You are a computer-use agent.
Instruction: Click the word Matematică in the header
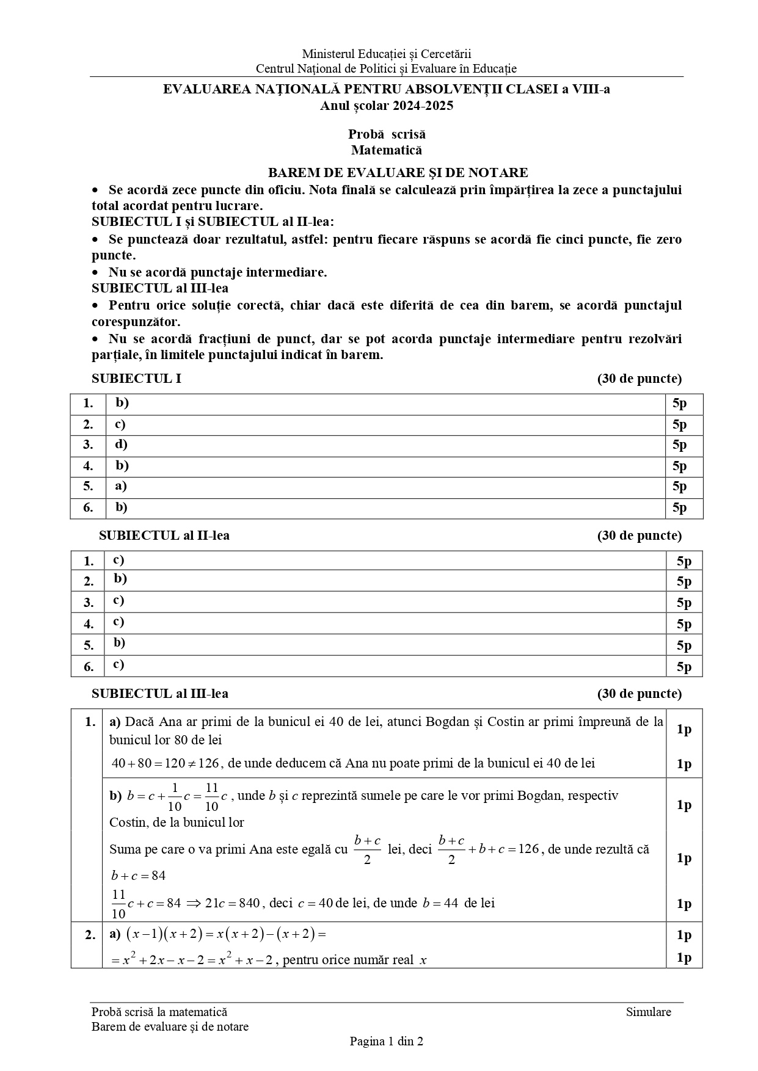pos(386,150)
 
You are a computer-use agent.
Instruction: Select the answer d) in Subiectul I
pos(121,445)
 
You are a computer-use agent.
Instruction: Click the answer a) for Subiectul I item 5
pos(121,486)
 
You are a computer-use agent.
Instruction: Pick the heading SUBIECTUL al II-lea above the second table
pos(164,535)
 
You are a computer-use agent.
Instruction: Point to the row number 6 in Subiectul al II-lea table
pos(89,666)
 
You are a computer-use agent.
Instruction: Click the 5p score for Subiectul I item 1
pos(679,404)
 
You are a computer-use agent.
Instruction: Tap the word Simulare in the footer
pos(648,1012)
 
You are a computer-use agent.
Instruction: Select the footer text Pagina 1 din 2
pos(386,1041)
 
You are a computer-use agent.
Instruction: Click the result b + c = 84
pos(139,876)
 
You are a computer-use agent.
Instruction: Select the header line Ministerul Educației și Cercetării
pos(386,54)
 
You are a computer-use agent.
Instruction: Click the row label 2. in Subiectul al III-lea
pos(90,935)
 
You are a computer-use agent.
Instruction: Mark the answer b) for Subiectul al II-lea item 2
pos(120,579)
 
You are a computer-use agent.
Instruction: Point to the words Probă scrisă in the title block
pos(387,134)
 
